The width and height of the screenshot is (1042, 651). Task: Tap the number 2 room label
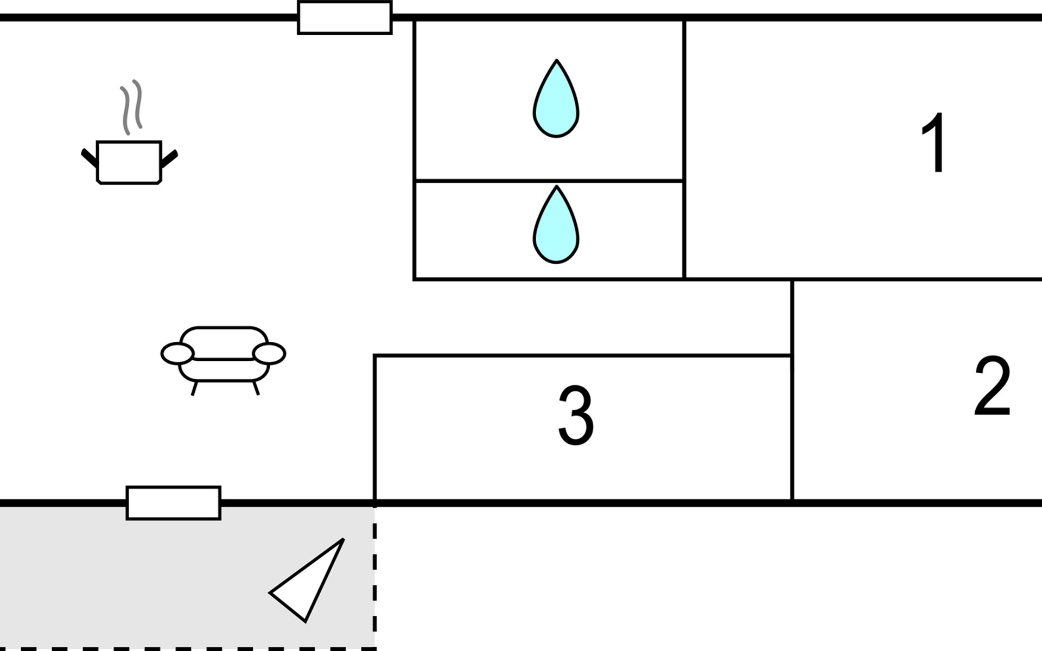992,386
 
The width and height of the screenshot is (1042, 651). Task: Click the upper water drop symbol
556,101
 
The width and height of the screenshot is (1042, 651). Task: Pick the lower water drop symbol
556,227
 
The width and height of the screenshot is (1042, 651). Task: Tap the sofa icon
224,355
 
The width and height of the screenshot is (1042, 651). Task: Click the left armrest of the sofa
177,354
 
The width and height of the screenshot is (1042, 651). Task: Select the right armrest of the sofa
269,354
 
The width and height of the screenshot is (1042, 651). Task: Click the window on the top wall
345,18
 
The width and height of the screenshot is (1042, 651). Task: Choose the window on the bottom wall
174,503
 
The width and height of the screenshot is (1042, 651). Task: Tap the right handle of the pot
169,158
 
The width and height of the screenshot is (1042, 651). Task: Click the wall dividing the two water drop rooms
548,180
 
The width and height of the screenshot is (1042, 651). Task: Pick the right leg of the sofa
256,388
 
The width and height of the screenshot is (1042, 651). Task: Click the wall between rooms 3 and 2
792,429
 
